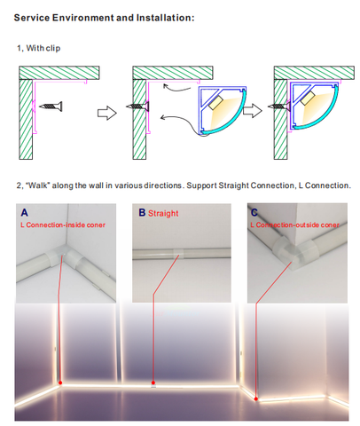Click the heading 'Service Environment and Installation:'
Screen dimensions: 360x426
tap(104, 18)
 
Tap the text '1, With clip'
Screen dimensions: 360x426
tap(39, 48)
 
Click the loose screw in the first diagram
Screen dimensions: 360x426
tap(51, 106)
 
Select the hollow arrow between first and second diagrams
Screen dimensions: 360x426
tap(107, 113)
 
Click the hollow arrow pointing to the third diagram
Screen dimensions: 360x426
tap(253, 110)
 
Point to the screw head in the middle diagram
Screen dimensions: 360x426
tap(147, 106)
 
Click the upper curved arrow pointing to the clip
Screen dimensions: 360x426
tap(176, 88)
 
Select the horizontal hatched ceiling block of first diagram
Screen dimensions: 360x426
tap(59, 73)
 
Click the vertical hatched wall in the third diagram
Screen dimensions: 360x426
tap(281, 119)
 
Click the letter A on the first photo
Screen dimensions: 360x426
tap(24, 212)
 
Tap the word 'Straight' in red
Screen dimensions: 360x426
tap(163, 213)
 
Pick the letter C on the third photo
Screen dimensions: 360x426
tap(254, 212)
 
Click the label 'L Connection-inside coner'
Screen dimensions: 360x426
tap(63, 225)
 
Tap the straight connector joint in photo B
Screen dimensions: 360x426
tap(178, 253)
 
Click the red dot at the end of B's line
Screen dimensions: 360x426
tap(153, 383)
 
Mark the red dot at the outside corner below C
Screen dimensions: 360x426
tap(256, 398)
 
